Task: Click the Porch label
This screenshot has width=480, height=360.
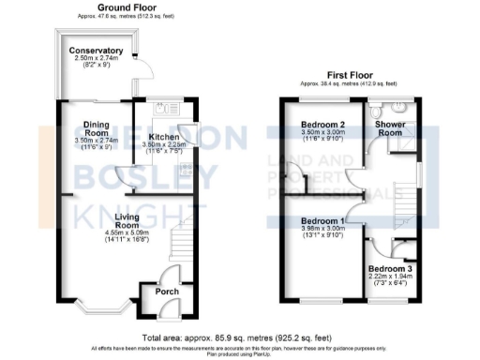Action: click(x=167, y=291)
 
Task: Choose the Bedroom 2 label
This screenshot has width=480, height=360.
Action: click(x=323, y=125)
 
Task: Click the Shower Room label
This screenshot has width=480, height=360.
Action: click(x=396, y=129)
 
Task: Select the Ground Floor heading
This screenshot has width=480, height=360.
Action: click(x=101, y=7)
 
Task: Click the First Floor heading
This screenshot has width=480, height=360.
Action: click(x=351, y=74)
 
